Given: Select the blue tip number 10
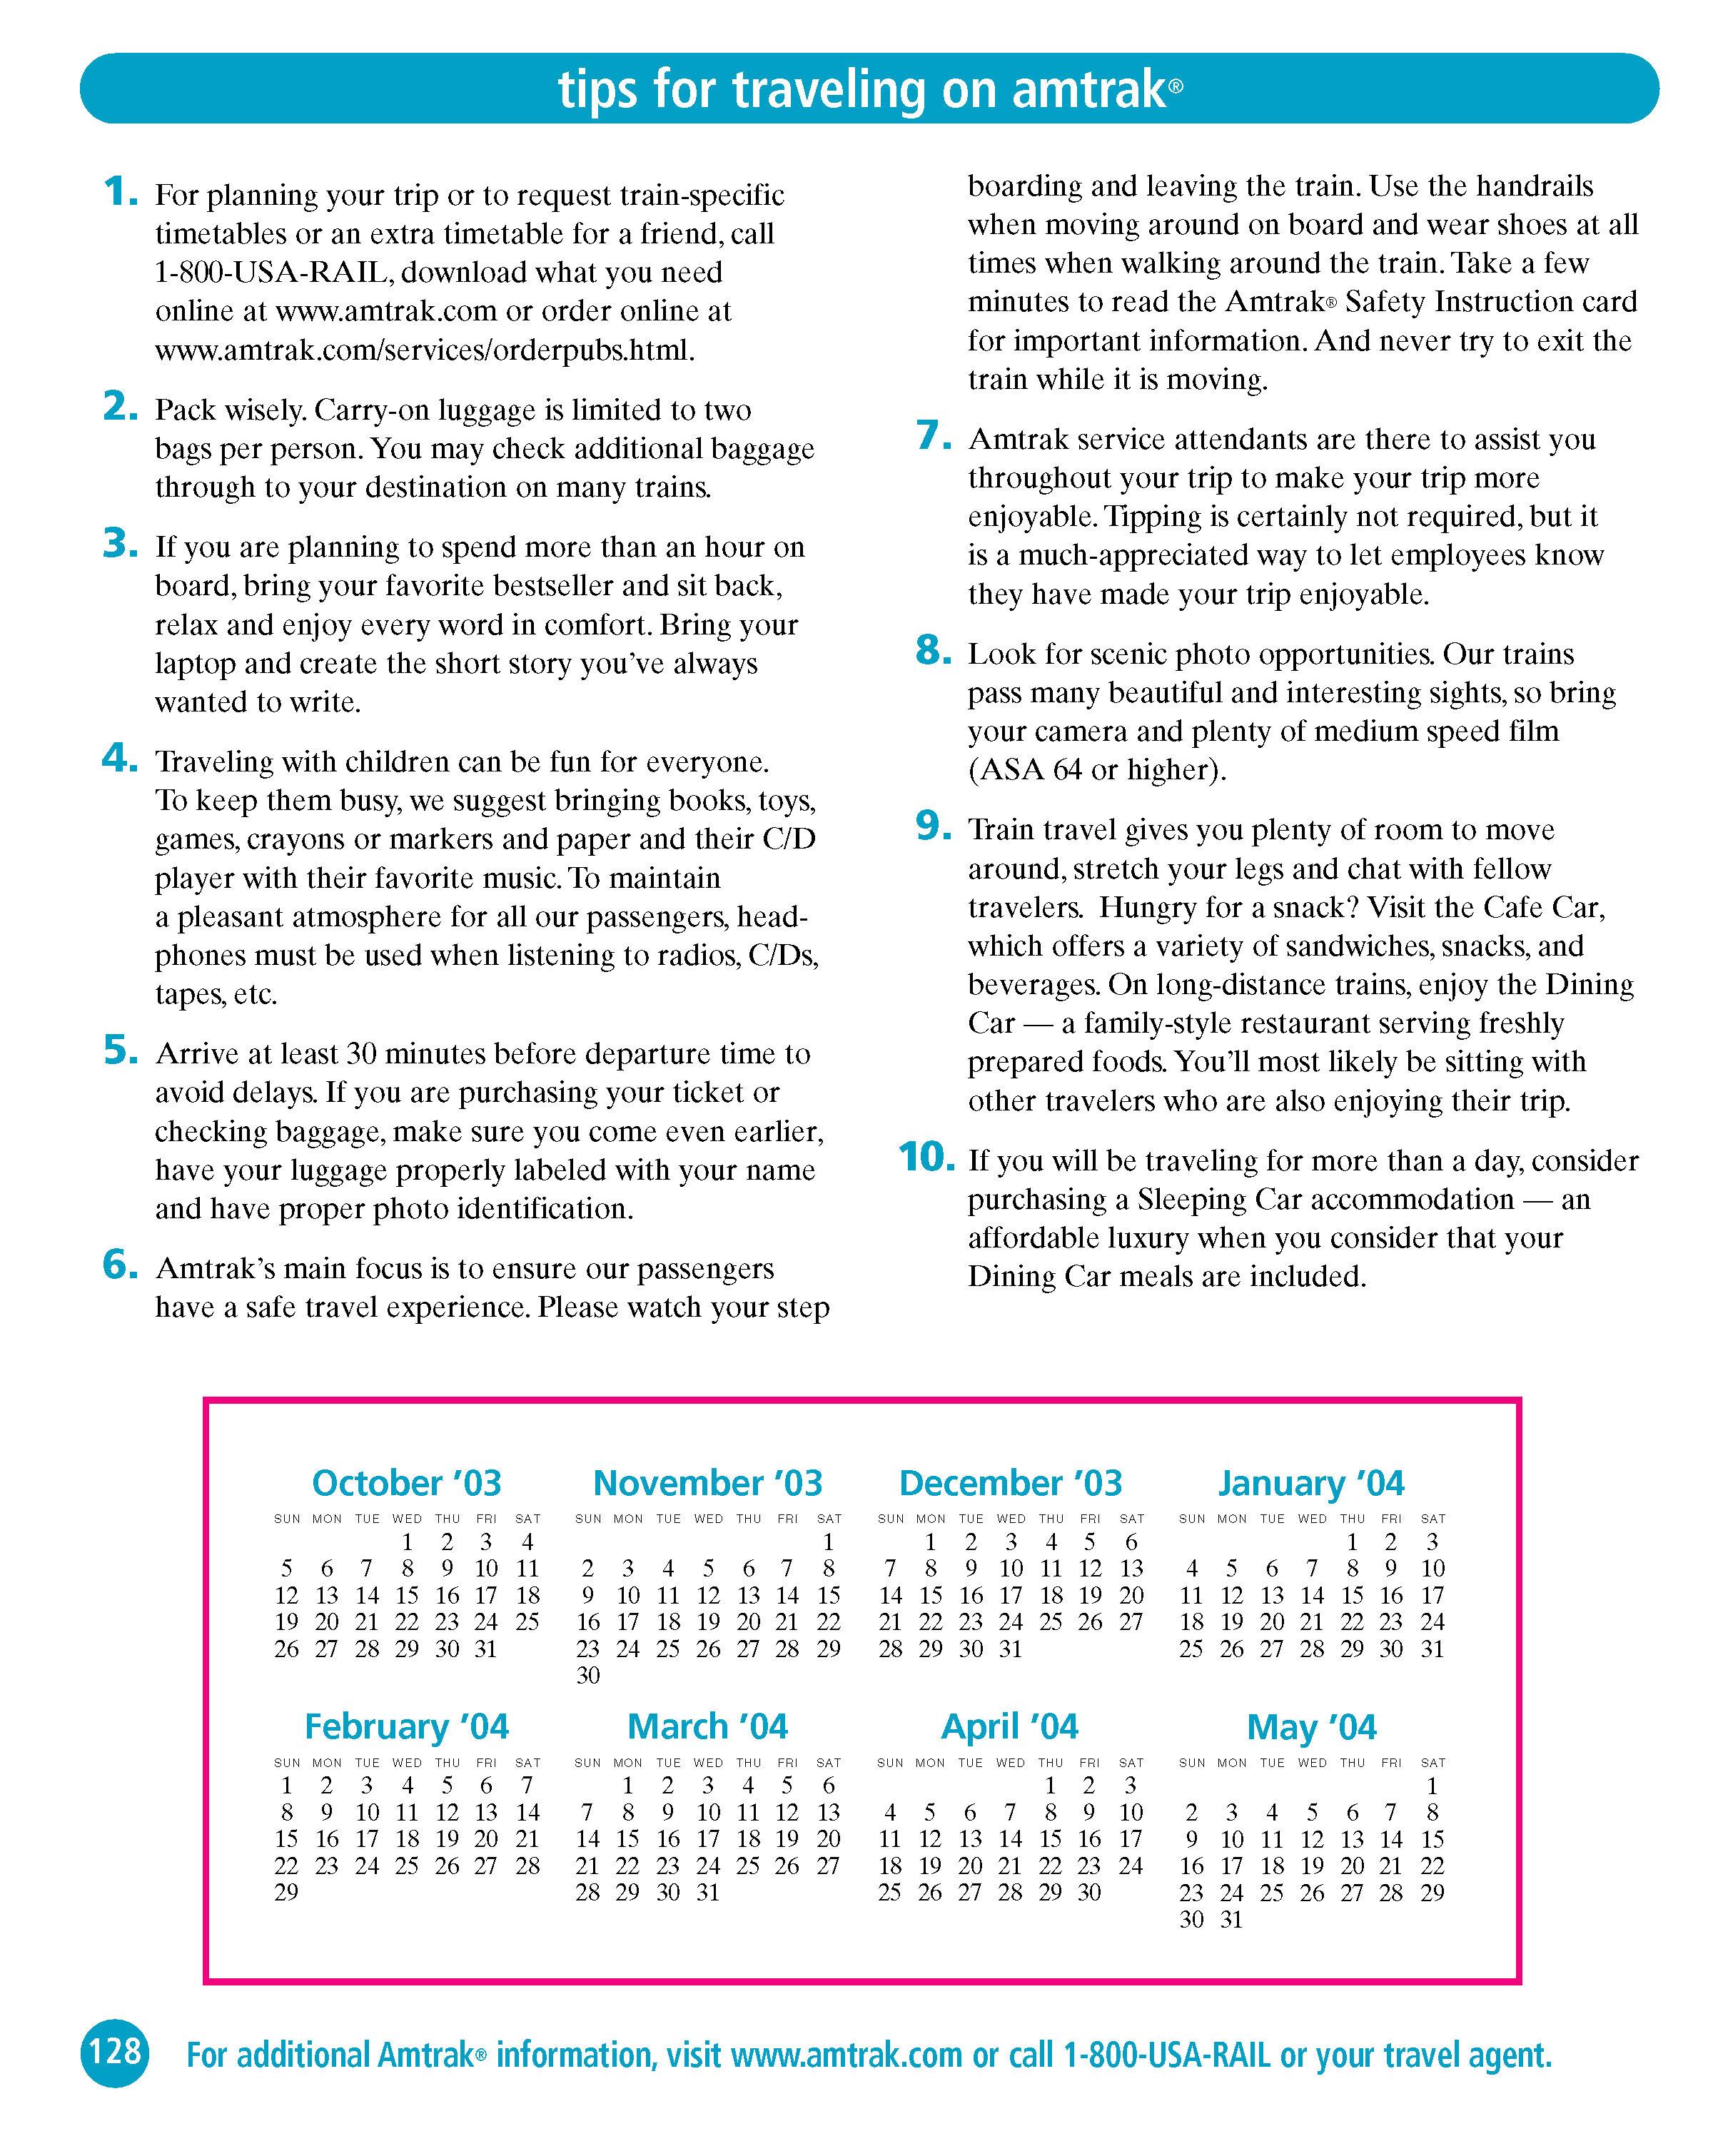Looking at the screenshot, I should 926,1156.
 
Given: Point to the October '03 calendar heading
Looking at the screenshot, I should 406,1482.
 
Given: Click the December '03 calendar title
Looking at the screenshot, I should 1010,1482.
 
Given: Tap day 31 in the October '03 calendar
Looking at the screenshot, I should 485,1649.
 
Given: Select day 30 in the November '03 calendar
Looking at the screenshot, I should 588,1675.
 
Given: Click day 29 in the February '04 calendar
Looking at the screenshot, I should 286,1892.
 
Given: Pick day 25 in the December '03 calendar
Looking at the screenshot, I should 1051,1621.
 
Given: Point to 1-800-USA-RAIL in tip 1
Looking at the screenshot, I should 271,272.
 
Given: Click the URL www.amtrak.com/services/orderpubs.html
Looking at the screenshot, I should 424,350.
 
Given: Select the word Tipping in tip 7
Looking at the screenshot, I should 1153,517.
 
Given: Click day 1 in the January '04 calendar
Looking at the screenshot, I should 1352,1542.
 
